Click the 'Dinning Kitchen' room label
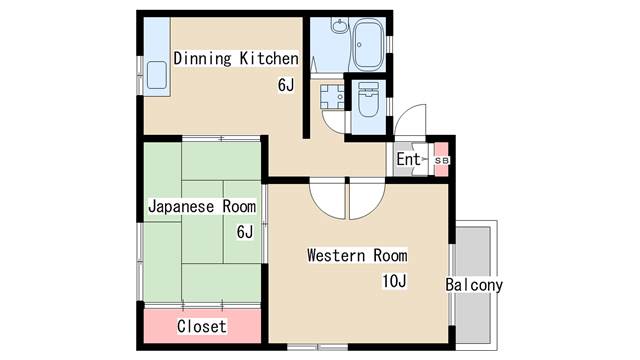[x=236, y=58]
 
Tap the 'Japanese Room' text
[x=201, y=206]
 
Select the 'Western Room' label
[x=357, y=255]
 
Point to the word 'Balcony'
[x=474, y=285]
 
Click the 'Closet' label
[x=201, y=326]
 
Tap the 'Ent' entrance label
[x=408, y=159]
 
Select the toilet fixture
[x=367, y=103]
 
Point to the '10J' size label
[x=394, y=280]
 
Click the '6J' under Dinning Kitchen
[x=286, y=85]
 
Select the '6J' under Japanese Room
[x=245, y=232]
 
